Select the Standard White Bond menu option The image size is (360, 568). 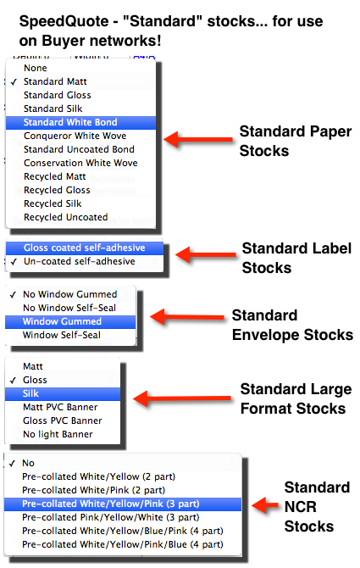point(70,122)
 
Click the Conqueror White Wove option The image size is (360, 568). point(75,136)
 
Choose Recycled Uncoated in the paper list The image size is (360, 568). point(66,217)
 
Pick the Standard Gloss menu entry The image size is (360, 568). point(57,95)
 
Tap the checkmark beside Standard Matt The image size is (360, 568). point(14,82)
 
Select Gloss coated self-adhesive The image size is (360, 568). point(85,248)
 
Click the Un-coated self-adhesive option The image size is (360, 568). point(80,262)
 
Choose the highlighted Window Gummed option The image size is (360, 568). point(62,321)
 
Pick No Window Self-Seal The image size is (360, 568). point(69,308)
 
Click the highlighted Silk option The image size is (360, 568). point(30,393)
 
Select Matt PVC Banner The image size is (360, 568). point(60,407)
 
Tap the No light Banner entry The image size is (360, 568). point(58,434)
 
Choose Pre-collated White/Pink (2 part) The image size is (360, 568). point(93,490)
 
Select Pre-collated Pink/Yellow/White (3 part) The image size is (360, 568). point(111,517)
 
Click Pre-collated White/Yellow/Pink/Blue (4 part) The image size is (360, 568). point(123,544)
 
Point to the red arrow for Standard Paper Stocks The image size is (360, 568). point(198,140)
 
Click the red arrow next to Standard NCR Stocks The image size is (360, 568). point(265,505)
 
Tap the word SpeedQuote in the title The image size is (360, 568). point(64,21)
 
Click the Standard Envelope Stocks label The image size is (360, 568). point(292,326)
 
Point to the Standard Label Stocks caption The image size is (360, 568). point(296,259)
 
